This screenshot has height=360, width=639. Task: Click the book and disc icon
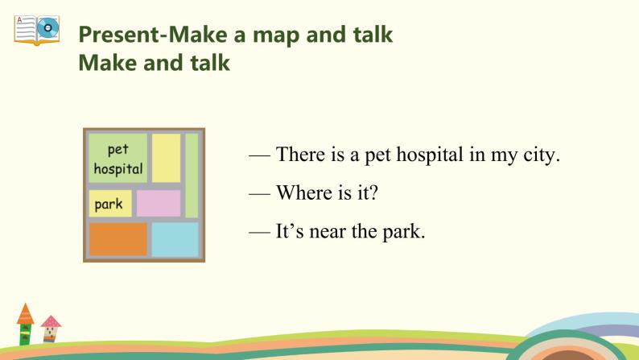coord(37,29)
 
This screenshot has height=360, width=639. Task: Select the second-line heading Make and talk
coord(154,63)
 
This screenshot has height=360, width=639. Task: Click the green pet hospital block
coord(117,159)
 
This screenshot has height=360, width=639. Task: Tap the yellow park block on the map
coord(109,204)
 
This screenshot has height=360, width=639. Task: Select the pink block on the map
coord(159,203)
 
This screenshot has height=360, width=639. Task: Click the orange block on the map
coord(118,239)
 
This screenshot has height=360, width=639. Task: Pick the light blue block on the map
coord(175,239)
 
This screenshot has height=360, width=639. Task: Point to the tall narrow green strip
coord(192,176)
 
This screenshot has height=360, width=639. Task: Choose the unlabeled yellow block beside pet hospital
coord(166,158)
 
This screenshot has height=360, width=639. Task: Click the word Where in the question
coord(299,193)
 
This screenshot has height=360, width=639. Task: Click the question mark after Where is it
coord(373,193)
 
